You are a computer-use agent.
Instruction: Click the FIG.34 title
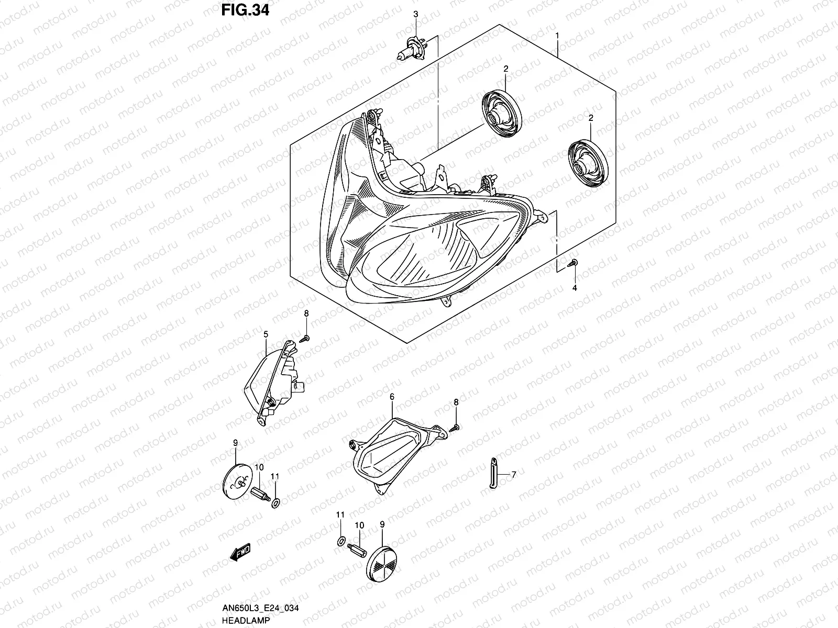(x=245, y=10)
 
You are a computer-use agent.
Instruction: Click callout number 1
(x=557, y=36)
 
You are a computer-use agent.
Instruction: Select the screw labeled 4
(x=572, y=263)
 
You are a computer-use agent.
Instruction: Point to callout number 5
(x=266, y=334)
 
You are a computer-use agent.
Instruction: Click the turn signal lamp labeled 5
(x=274, y=383)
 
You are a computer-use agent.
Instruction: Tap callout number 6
(x=392, y=397)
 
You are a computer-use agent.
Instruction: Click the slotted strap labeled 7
(x=493, y=473)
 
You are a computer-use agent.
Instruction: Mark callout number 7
(x=514, y=475)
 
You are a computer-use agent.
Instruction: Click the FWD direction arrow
(x=240, y=552)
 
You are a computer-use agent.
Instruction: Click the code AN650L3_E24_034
(x=260, y=608)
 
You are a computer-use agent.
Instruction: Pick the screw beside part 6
(x=454, y=428)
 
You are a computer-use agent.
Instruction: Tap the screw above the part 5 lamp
(x=304, y=339)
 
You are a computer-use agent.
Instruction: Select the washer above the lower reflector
(x=341, y=541)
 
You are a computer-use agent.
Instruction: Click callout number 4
(x=575, y=288)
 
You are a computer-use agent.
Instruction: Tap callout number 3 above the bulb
(x=416, y=14)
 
